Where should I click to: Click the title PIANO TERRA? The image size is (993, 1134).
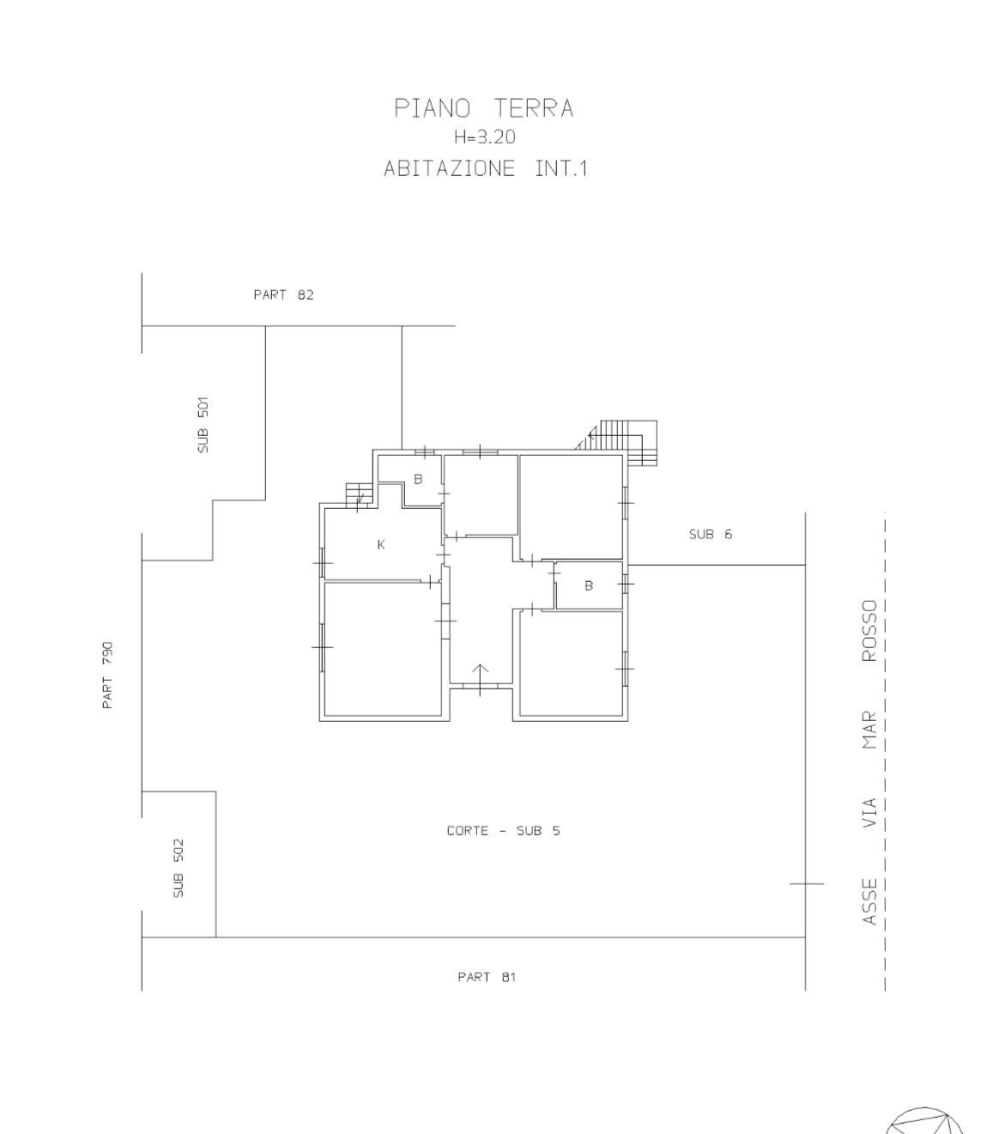pyautogui.click(x=484, y=108)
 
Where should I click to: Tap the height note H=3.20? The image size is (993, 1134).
pyautogui.click(x=485, y=136)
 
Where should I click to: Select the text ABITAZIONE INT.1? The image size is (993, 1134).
pyautogui.click(x=486, y=168)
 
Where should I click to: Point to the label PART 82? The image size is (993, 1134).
pyautogui.click(x=284, y=294)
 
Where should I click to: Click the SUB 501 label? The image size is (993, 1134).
pyautogui.click(x=203, y=425)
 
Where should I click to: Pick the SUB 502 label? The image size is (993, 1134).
pyautogui.click(x=178, y=868)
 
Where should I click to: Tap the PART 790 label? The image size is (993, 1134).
pyautogui.click(x=107, y=675)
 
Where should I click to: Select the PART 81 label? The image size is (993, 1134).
pyautogui.click(x=487, y=977)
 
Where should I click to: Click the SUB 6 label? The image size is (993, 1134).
pyautogui.click(x=711, y=534)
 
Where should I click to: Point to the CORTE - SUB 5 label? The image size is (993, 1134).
pyautogui.click(x=503, y=831)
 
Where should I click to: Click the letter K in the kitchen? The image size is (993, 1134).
pyautogui.click(x=381, y=545)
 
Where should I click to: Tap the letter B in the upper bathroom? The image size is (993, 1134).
pyautogui.click(x=418, y=479)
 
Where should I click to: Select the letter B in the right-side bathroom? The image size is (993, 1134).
pyautogui.click(x=589, y=585)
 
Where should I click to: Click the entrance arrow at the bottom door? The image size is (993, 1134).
pyautogui.click(x=480, y=679)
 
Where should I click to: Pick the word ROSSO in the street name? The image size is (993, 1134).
pyautogui.click(x=870, y=631)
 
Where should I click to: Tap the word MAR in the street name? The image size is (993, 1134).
pyautogui.click(x=870, y=731)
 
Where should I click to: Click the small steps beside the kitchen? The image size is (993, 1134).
pyautogui.click(x=359, y=495)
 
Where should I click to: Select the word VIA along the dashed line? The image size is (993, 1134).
pyautogui.click(x=870, y=813)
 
